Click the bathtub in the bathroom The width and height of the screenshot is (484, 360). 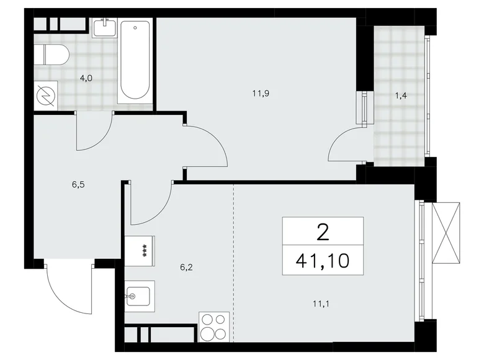pos(135,61)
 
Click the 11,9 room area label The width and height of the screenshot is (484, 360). pos(260,94)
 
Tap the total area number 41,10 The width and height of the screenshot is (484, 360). pos(323,259)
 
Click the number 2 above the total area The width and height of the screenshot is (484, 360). pos(323,232)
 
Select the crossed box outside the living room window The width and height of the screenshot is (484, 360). pos(447,232)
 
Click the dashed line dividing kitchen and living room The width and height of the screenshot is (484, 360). pos(234,261)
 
